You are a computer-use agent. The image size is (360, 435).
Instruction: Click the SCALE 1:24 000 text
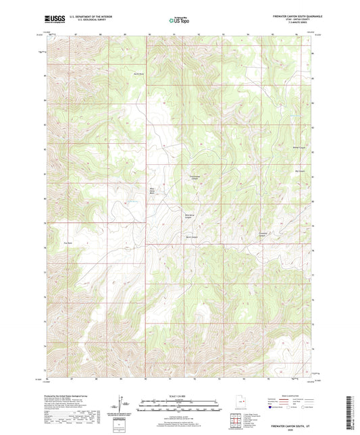point(180,396)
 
